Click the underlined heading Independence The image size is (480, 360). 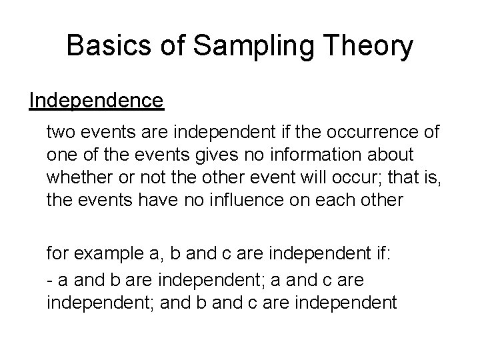point(96,101)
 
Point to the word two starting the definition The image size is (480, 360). point(59,133)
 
